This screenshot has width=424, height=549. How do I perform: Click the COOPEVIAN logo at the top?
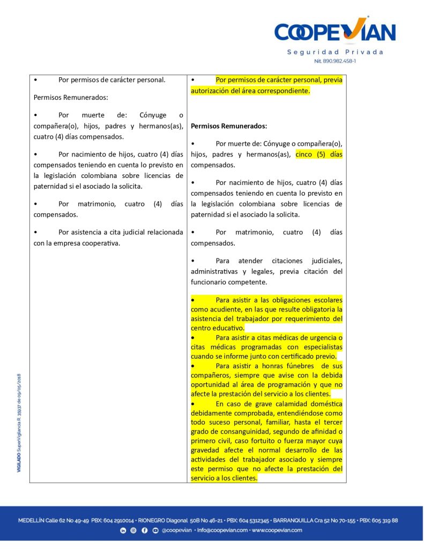coord(335,32)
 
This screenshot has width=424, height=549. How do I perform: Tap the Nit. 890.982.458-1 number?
coord(336,61)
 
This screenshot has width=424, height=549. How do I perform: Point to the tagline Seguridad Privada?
coord(336,52)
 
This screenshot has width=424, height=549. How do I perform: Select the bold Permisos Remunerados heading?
coord(229,127)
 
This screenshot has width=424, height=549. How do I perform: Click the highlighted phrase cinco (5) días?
coord(319,154)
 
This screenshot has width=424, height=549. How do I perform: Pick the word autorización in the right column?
coord(212,91)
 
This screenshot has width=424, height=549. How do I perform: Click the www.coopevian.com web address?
coord(277,530)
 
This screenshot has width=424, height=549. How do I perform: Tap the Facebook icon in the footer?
coord(144,530)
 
